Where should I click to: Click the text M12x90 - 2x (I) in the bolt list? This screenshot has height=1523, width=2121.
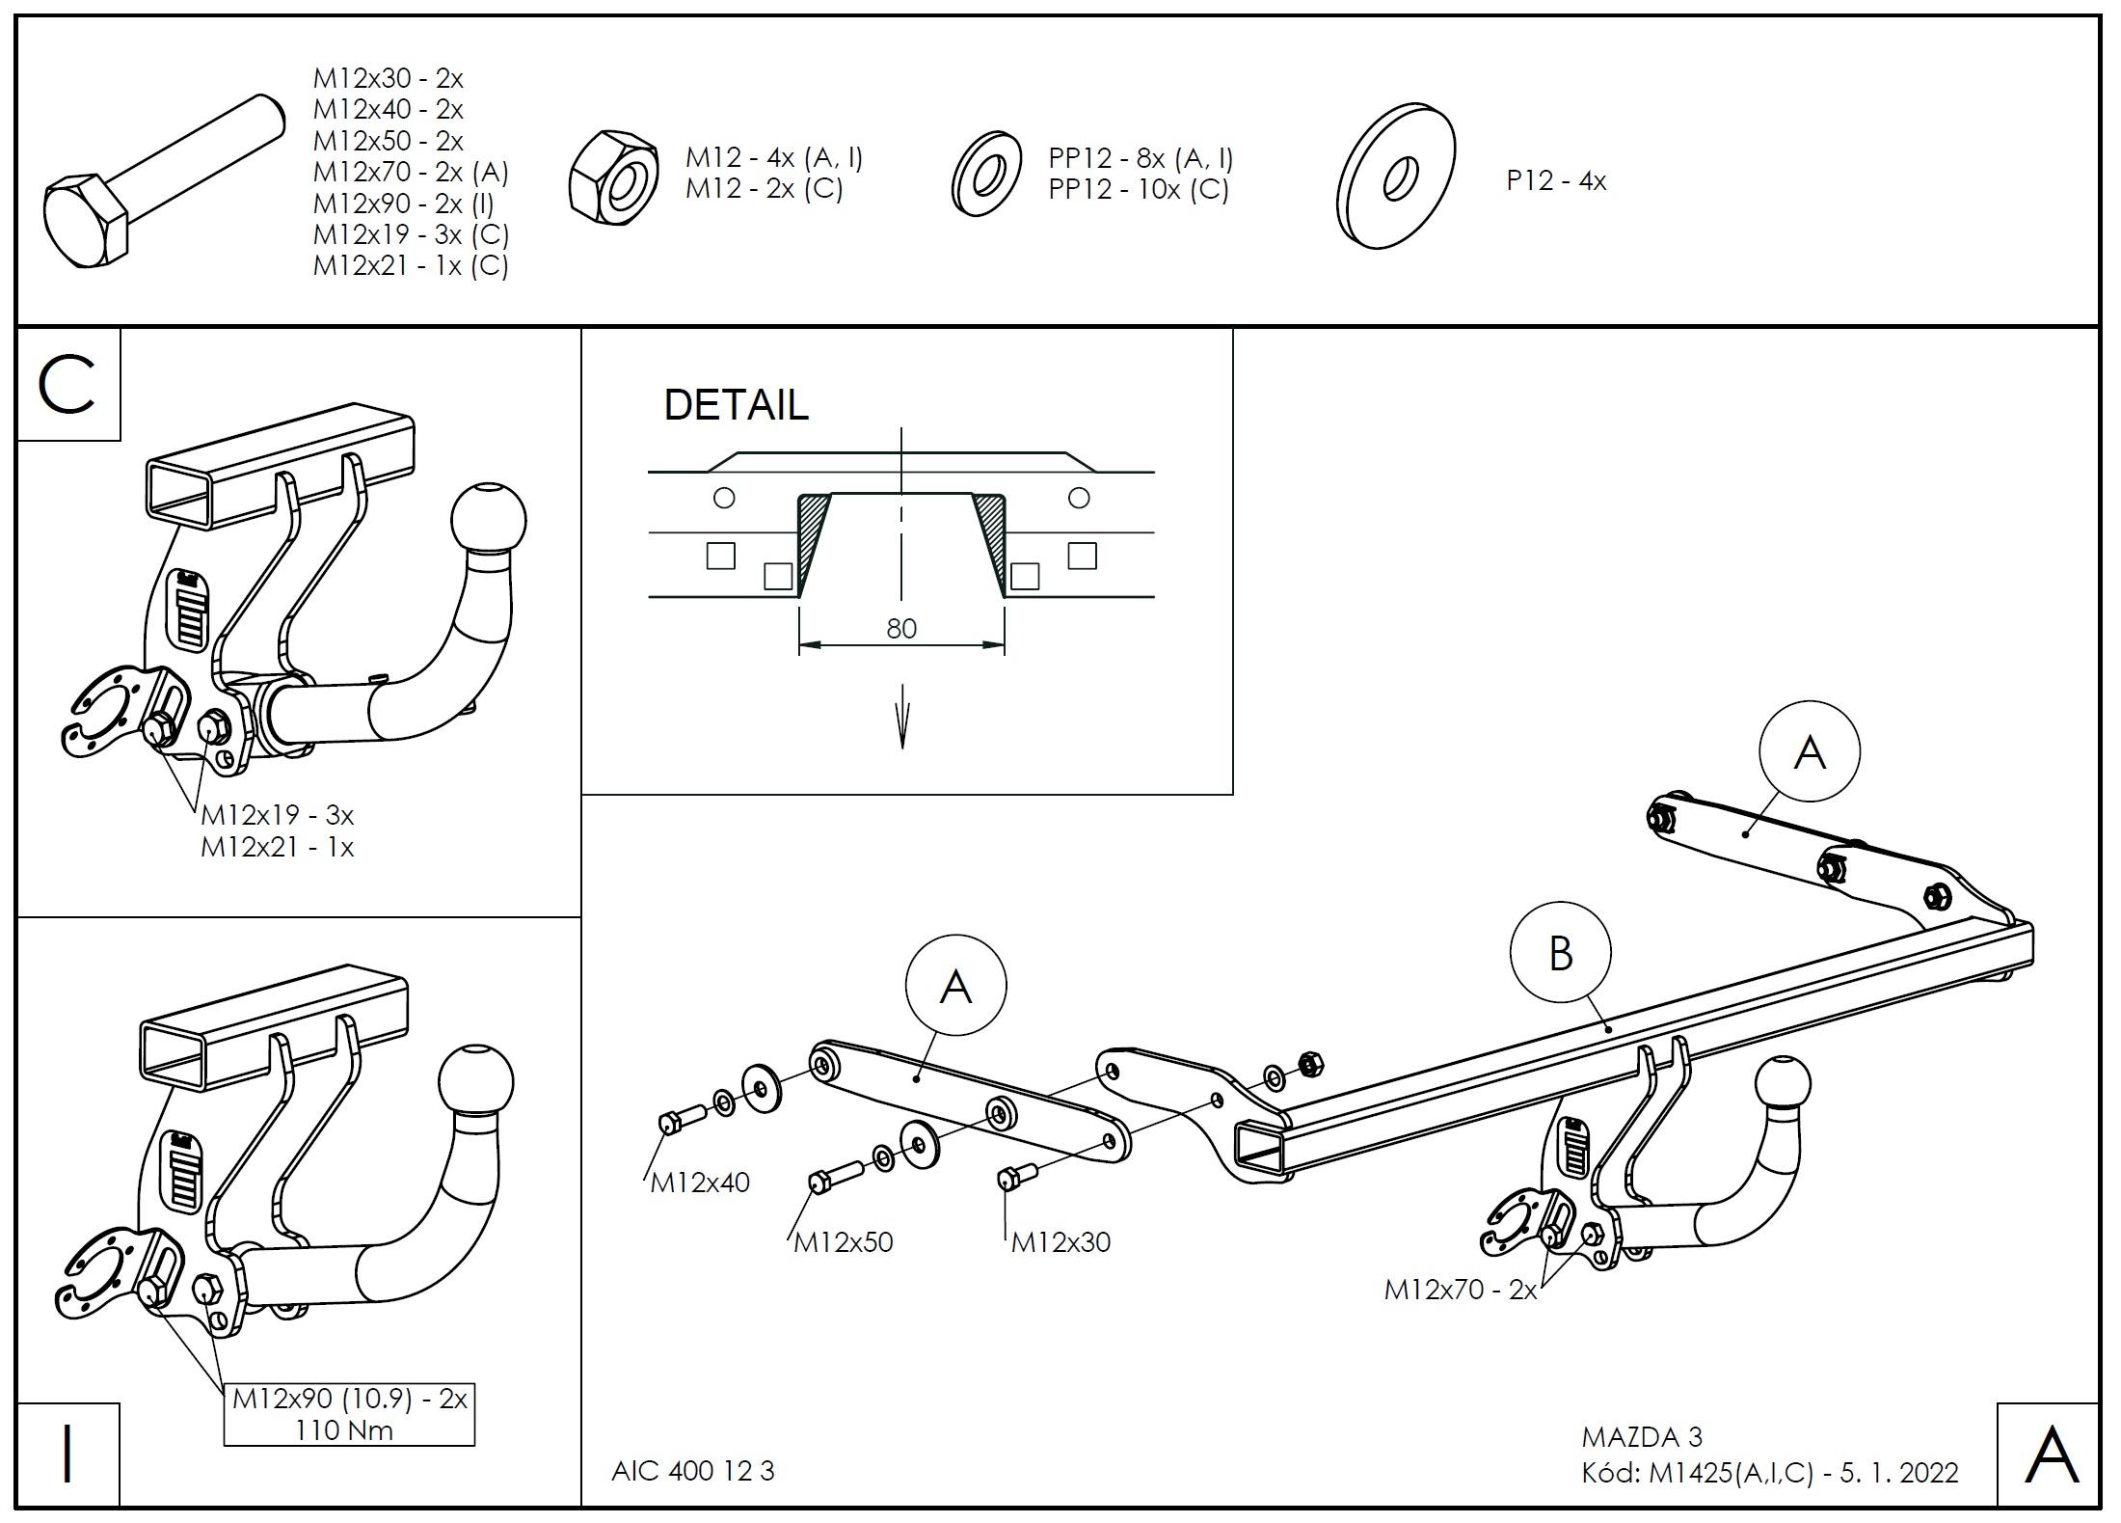403,204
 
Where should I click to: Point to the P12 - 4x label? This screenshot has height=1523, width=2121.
1556,181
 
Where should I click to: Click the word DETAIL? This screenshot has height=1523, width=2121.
736,405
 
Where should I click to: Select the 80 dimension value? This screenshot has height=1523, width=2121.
900,629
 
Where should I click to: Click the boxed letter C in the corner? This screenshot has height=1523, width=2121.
67,385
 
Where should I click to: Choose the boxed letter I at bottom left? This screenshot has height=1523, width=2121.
67,1455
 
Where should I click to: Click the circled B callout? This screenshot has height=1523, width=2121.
1560,953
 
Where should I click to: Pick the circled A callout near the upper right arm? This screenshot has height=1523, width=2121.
1809,752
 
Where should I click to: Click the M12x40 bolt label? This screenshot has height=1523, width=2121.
700,1183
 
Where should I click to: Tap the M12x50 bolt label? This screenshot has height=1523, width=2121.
844,1241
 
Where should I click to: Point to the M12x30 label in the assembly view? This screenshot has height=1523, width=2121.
1060,1241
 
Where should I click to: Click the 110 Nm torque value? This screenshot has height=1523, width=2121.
344,1429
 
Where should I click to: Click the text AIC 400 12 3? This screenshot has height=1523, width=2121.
692,1471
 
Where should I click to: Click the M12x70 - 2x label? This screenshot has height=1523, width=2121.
1460,1290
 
